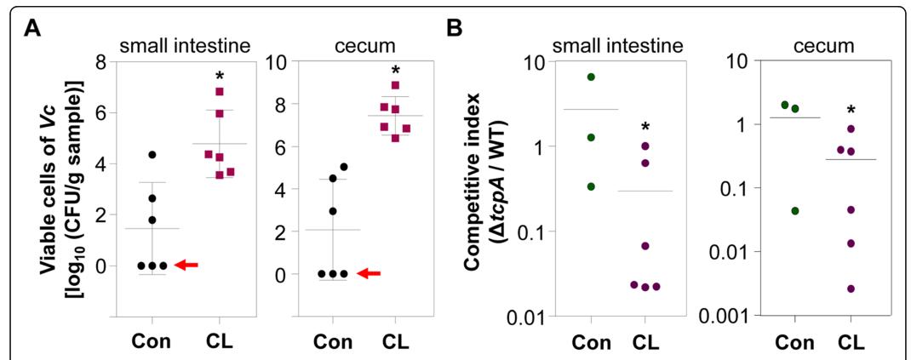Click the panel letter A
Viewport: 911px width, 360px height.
[x=32, y=28]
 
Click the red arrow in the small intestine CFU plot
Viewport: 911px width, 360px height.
[x=186, y=266]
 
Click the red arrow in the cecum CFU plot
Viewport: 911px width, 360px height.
[x=369, y=273]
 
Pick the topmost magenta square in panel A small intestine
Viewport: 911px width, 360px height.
[x=220, y=91]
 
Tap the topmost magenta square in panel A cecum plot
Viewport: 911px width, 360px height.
[x=394, y=85]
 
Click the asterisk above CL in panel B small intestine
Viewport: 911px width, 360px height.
[x=645, y=129]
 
